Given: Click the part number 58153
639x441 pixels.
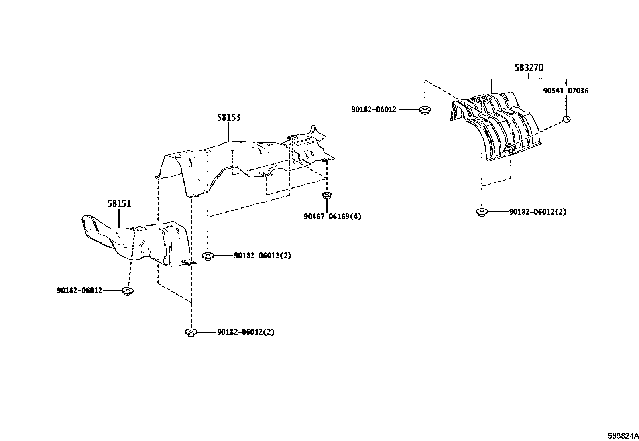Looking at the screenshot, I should [228, 117].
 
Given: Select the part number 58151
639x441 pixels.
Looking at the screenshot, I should [119, 204].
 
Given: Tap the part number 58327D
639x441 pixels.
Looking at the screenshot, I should [529, 67].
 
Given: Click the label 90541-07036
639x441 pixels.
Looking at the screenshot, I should [566, 91].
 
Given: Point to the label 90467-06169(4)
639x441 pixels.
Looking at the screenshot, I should [332, 217].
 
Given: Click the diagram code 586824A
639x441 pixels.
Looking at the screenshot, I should [622, 436].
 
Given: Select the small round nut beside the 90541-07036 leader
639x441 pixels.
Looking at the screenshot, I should [566, 119].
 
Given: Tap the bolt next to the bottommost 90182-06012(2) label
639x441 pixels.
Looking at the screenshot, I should [191, 332].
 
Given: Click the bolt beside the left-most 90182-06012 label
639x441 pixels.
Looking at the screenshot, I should [128, 291].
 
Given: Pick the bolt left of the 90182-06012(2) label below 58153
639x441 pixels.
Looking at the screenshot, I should [208, 256].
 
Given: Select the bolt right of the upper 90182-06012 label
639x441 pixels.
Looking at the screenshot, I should [424, 110].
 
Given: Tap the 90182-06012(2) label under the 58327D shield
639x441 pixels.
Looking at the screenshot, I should [537, 212].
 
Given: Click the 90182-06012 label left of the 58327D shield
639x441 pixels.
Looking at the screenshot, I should [373, 109].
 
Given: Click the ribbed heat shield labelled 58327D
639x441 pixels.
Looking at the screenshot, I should [498, 124].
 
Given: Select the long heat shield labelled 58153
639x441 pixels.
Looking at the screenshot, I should [241, 161].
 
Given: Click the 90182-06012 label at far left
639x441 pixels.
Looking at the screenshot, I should [79, 291].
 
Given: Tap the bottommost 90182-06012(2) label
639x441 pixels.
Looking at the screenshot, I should [246, 332].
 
